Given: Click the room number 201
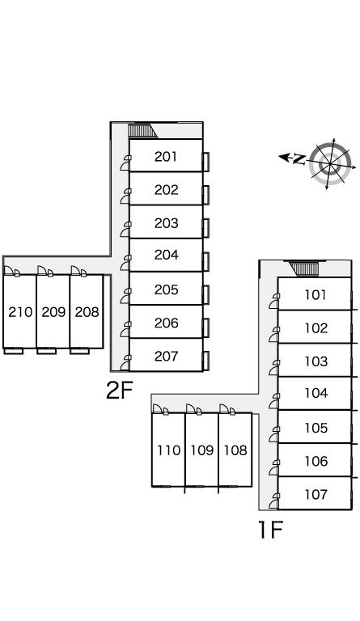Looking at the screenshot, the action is [166, 157].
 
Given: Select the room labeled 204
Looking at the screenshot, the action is [166, 255].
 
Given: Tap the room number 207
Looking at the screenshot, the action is [166, 357].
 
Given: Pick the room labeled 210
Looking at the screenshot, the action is [20, 312].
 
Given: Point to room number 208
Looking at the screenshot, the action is [87, 312].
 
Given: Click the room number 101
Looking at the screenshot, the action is [316, 294].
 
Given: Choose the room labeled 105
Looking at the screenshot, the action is [316, 428].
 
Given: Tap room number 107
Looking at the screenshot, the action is [316, 494].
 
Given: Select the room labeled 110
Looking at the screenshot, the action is [169, 450].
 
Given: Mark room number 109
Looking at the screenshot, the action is [202, 450].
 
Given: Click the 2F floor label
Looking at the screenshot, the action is [119, 390].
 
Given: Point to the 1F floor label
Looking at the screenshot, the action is [270, 529].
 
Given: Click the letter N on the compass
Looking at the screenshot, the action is [299, 159].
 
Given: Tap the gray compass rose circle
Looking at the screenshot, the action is [330, 163].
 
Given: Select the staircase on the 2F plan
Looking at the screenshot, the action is [142, 131].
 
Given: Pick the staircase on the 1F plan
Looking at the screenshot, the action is [304, 269].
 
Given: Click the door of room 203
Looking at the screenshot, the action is [126, 230].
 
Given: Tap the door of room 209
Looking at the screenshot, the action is [45, 271].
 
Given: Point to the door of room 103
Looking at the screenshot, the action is [274, 368].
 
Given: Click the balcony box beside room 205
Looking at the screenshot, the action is [206, 294].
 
